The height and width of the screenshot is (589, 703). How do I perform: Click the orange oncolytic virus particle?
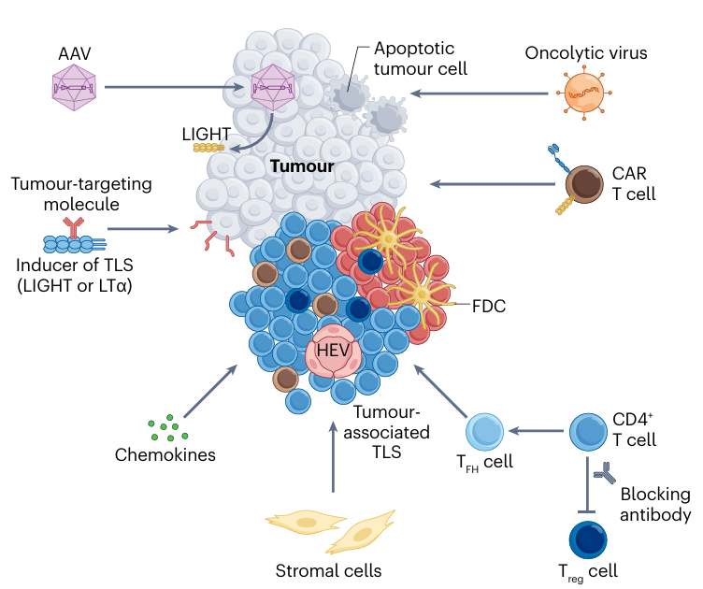pyautogui.click(x=583, y=93)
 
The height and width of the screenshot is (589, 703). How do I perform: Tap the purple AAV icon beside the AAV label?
pyautogui.click(x=74, y=87)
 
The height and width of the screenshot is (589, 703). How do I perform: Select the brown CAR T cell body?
pyautogui.click(x=583, y=184)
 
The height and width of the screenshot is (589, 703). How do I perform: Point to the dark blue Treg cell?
pyautogui.click(x=588, y=539)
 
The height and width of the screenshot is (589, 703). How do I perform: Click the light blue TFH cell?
pyautogui.click(x=484, y=432)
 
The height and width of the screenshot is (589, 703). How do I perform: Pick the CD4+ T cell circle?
pyautogui.click(x=588, y=432)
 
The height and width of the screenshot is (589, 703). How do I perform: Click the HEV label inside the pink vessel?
pyautogui.click(x=333, y=350)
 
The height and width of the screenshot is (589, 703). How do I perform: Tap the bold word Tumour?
pyautogui.click(x=302, y=166)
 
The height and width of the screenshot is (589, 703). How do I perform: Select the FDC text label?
pyautogui.click(x=489, y=306)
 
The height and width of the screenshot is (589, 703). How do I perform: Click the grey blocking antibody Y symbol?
pyautogui.click(x=604, y=473)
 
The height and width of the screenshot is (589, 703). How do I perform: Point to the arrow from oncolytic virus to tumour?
pyautogui.click(x=480, y=93)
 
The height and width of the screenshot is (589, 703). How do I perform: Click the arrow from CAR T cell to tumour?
pyautogui.click(x=493, y=184)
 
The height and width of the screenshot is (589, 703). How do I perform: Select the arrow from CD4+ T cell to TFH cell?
pyautogui.click(x=537, y=431)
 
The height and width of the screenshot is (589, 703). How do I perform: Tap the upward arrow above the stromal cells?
pyautogui.click(x=333, y=457)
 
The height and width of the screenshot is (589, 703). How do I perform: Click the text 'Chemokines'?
pyautogui.click(x=165, y=455)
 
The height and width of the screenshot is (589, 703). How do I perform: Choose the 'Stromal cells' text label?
pyautogui.click(x=328, y=570)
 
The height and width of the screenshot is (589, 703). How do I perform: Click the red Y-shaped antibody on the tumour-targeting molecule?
pyautogui.click(x=73, y=227)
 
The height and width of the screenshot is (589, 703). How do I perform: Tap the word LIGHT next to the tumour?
pyautogui.click(x=207, y=134)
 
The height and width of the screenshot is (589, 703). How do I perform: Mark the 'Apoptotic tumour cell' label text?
pyautogui.click(x=421, y=59)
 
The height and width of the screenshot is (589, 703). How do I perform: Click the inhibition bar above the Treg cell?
pyautogui.click(x=587, y=512)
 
